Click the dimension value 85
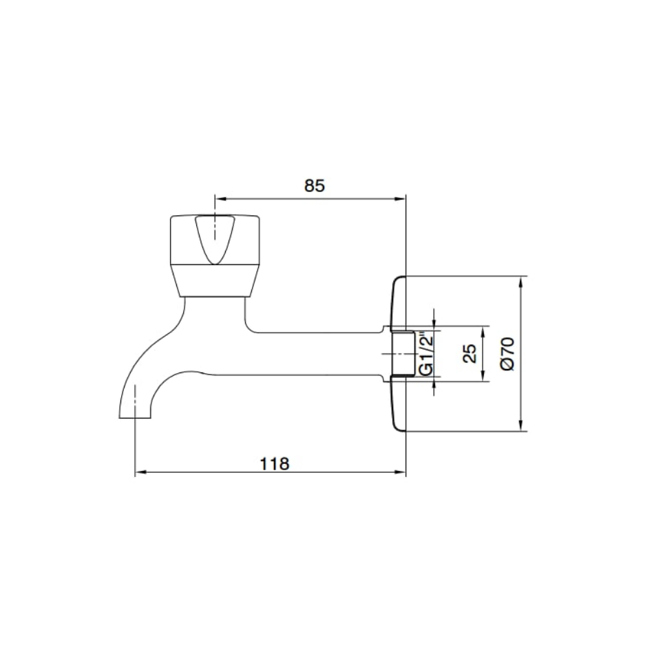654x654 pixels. (314, 186)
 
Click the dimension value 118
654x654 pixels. (275, 463)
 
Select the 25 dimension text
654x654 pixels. (470, 353)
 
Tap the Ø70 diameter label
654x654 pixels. (508, 354)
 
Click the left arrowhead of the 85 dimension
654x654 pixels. (220, 199)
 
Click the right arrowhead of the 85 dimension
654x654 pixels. (401, 199)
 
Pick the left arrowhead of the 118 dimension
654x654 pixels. (140, 472)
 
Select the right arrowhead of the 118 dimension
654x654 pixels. (401, 472)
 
